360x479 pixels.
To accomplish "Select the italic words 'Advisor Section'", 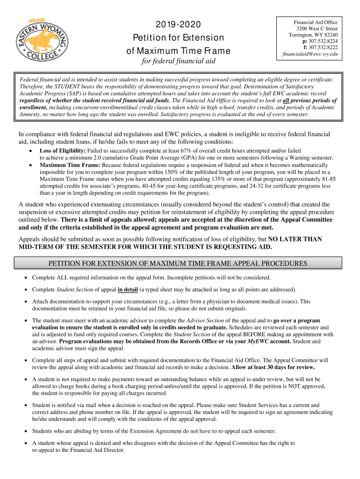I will click(205, 320).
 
